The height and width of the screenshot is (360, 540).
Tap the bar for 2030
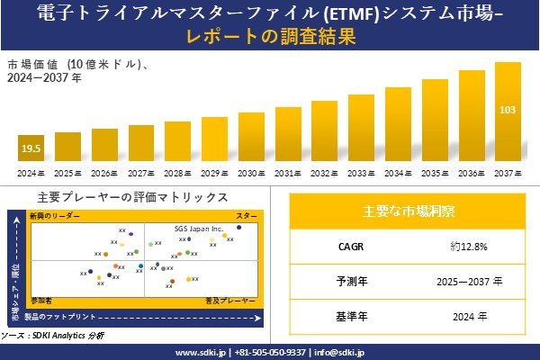tap(251, 138)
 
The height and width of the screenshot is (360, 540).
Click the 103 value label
tap(508, 111)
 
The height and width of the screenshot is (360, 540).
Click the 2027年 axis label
tap(141, 173)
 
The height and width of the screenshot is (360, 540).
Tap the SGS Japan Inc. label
tap(198, 229)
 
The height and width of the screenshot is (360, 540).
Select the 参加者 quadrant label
tap(41, 298)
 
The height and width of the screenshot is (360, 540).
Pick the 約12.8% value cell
tap(469, 246)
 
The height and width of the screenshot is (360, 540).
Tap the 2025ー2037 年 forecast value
tap(469, 281)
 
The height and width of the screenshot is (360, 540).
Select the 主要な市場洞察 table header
tap(409, 211)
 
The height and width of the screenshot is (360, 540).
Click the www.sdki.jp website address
tap(200, 352)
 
